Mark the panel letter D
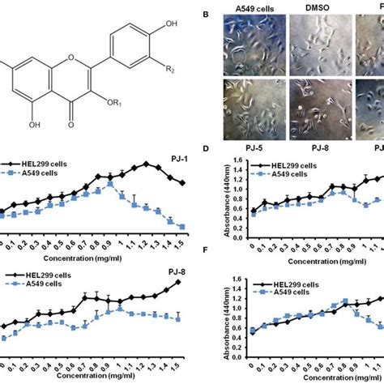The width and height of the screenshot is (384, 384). (206, 149)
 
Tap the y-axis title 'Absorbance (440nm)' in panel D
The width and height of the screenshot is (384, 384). (213, 199)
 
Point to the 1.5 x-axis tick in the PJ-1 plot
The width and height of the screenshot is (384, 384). (182, 243)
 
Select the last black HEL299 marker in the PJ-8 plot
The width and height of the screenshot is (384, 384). (177, 282)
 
